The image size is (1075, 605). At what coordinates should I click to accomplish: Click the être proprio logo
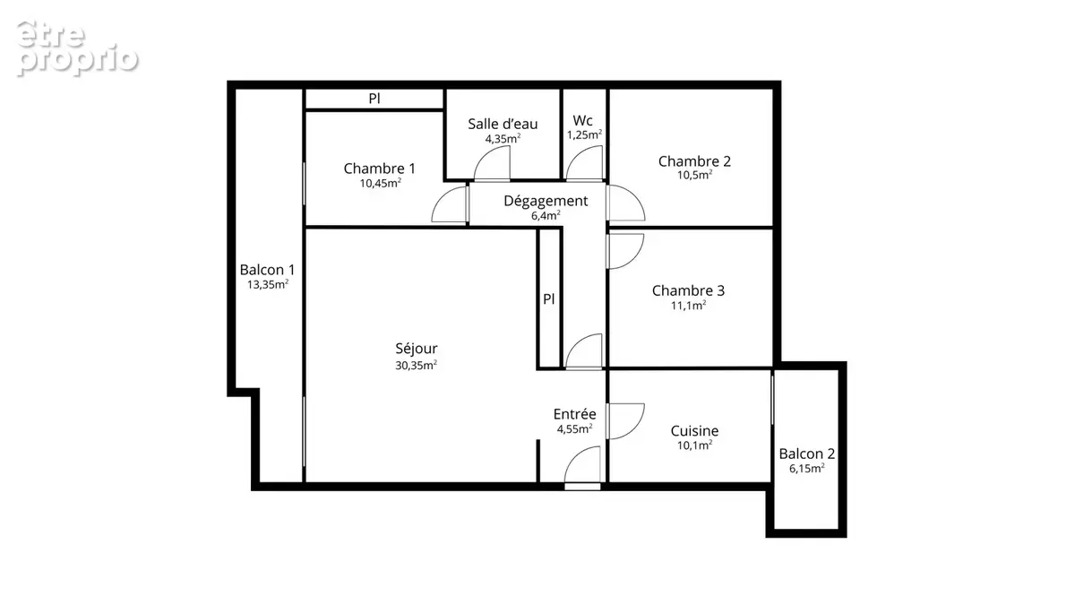point(77,48)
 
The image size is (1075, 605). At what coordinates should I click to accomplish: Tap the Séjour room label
point(416,349)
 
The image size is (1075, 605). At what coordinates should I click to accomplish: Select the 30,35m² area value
point(416,366)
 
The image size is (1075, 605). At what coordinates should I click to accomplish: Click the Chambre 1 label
point(379,169)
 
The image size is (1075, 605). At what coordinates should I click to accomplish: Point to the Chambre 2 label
point(694,161)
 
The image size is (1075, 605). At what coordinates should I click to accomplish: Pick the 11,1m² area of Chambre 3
point(688,306)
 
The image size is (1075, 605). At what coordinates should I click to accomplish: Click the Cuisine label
point(694,431)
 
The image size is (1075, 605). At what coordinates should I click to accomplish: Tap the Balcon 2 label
point(807,454)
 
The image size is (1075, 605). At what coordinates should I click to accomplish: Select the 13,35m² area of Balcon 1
point(268,285)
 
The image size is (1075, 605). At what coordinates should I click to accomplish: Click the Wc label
point(582,120)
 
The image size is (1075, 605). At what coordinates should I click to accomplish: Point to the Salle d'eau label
point(503,124)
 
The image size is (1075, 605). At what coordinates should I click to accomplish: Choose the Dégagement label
point(546,201)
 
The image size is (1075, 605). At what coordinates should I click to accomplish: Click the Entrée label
point(574,414)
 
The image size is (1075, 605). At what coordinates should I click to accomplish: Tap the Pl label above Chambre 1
point(374,99)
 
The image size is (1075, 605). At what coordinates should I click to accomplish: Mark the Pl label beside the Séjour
point(548,299)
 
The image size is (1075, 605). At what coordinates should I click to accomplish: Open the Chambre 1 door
point(442,197)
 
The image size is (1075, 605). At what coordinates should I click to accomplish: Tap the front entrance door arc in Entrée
point(574,456)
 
